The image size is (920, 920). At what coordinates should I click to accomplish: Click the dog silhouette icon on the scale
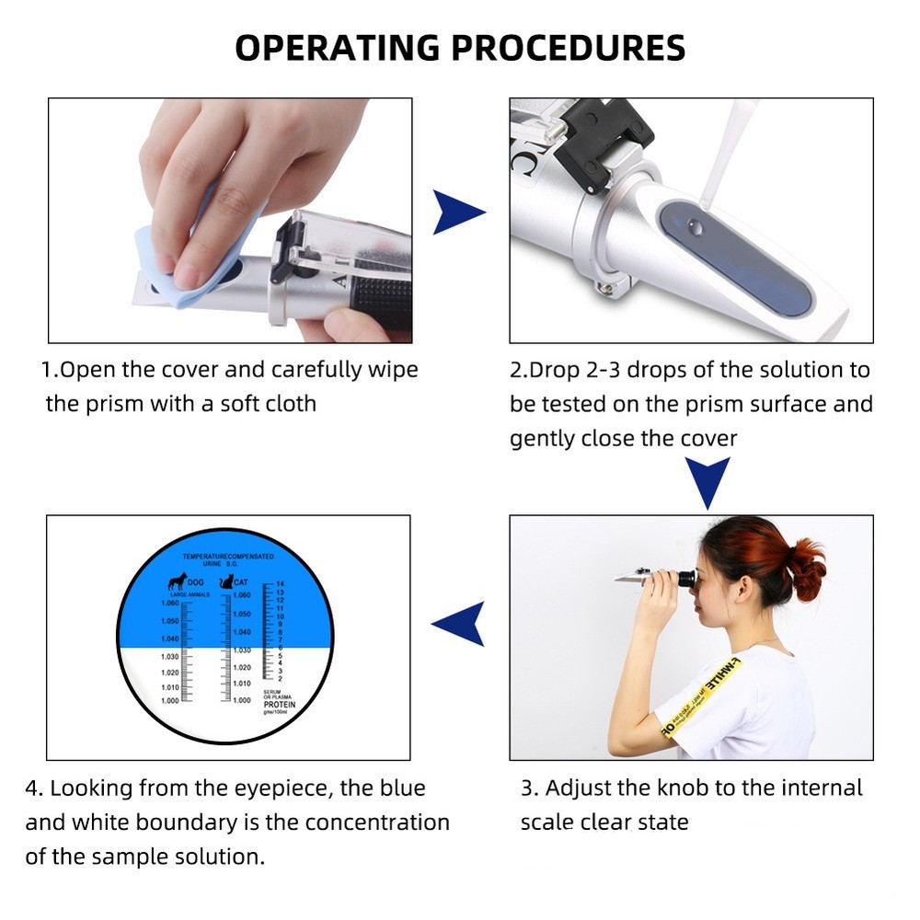176,581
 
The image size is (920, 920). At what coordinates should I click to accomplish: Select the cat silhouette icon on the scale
225,581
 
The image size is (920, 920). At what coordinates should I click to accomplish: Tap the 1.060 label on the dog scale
169,604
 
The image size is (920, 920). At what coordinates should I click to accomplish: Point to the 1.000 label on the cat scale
241,701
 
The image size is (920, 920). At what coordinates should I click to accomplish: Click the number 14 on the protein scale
280,584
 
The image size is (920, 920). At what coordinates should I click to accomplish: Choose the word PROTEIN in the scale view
280,705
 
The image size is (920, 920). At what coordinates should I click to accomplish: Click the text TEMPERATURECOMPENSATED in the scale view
225,558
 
